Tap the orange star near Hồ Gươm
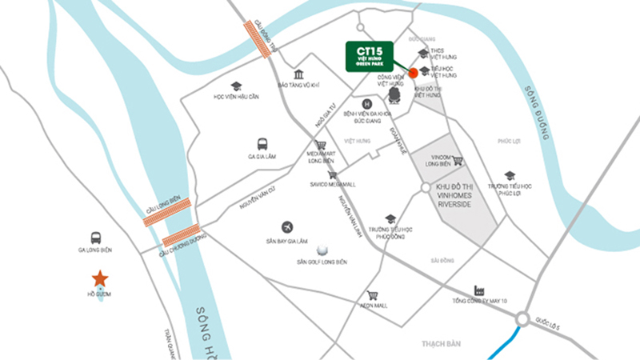coord(100,278)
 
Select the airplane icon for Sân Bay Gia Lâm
coord(286,227)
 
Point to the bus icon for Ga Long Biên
coord(96,238)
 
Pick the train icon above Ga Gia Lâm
coord(262,144)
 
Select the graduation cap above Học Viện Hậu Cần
coord(236,86)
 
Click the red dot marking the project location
coord(413,73)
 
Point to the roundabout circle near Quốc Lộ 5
coord(522,320)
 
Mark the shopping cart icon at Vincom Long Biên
coord(458,160)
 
